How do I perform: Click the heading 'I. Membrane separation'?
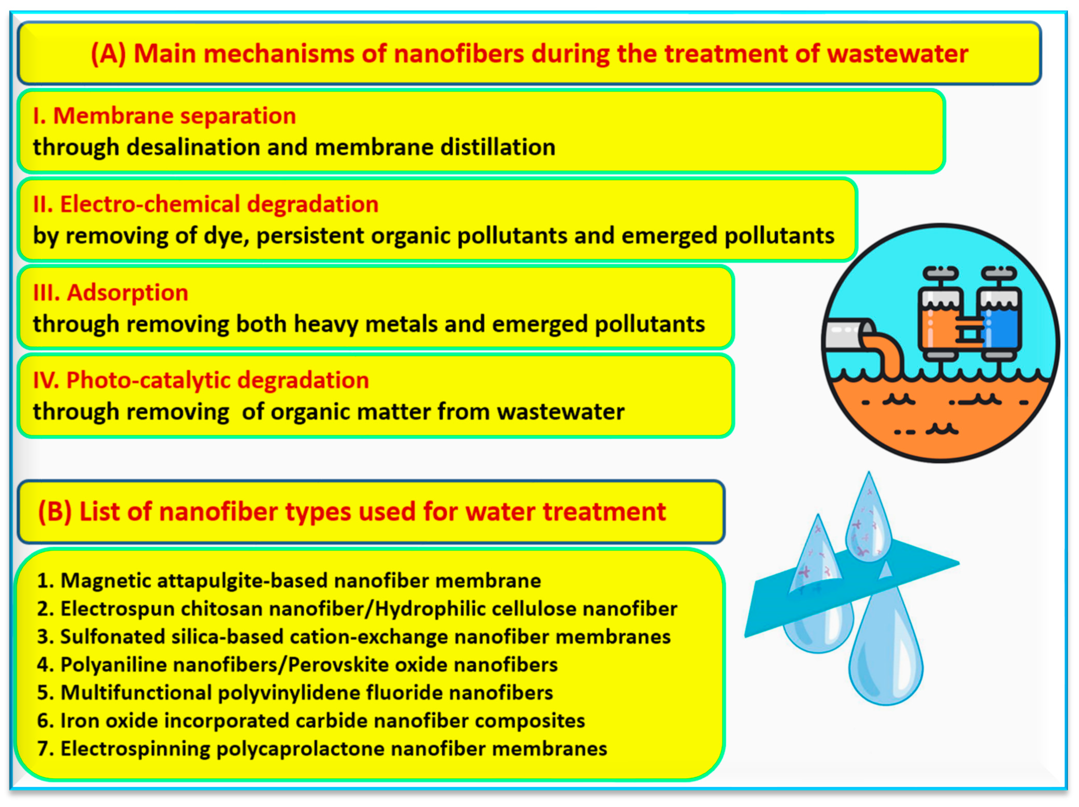click(164, 116)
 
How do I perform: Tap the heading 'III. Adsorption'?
click(110, 293)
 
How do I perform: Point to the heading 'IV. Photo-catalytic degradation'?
click(200, 380)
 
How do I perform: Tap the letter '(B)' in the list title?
click(55, 512)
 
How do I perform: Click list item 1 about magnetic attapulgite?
click(289, 581)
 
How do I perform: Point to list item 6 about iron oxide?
click(311, 721)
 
